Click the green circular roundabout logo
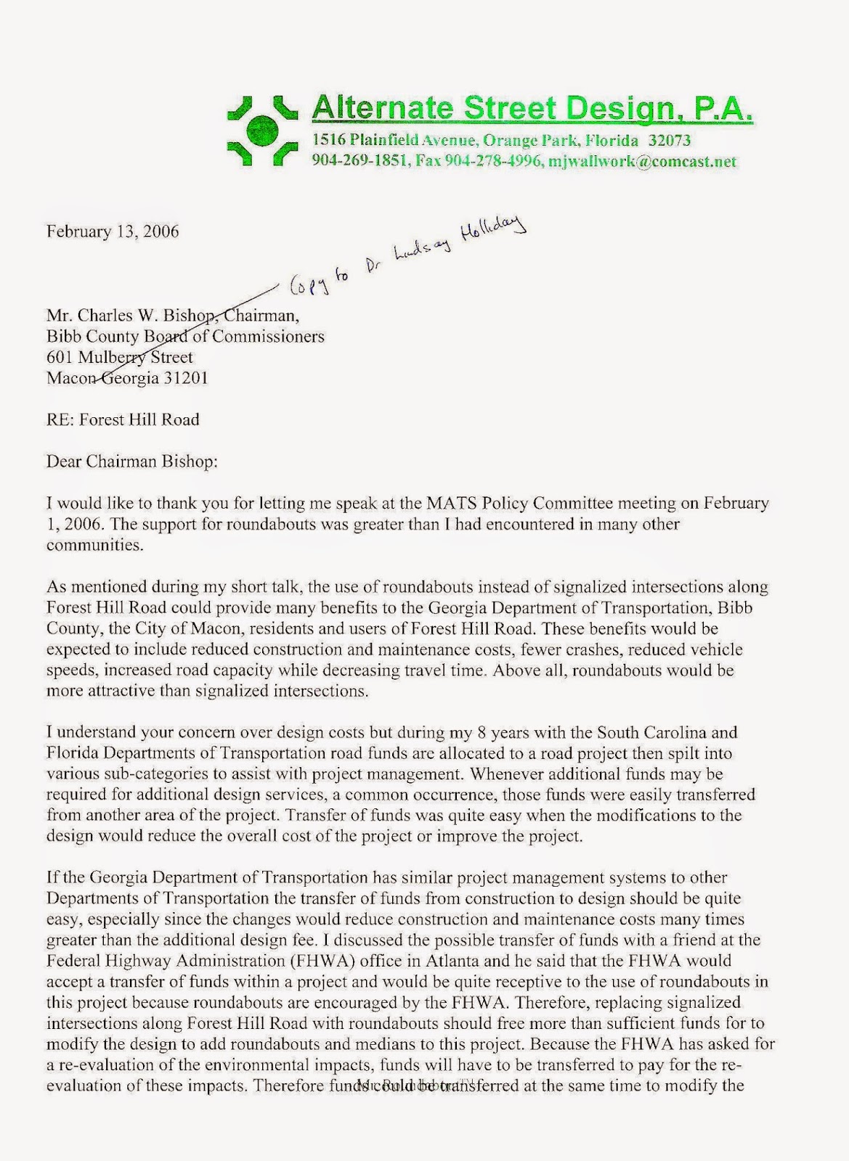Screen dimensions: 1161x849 [x=262, y=131]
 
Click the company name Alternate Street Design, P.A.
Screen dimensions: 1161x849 [x=531, y=108]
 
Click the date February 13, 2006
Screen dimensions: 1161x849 [x=113, y=231]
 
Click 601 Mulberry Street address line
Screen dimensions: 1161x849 [x=120, y=357]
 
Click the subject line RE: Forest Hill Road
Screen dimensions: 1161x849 [x=123, y=419]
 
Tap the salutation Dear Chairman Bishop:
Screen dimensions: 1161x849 [x=132, y=461]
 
